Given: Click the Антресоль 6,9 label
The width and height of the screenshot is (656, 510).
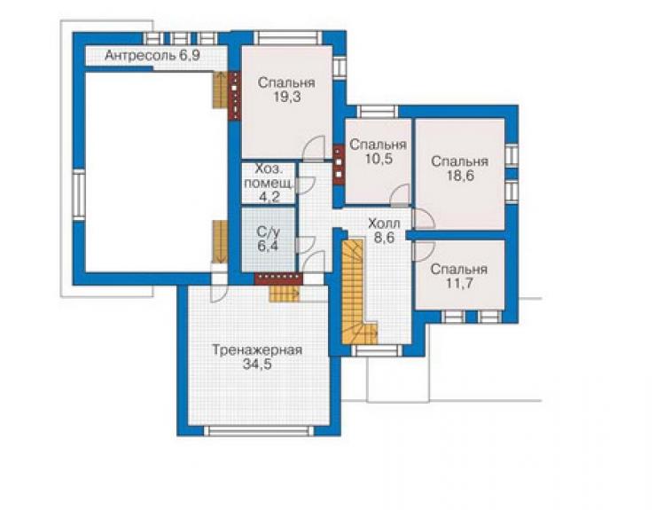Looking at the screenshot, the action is (x=152, y=55).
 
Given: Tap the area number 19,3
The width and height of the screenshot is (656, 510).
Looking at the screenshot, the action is (x=287, y=97).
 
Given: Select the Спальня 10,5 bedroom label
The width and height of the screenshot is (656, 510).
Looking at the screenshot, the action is (x=378, y=151).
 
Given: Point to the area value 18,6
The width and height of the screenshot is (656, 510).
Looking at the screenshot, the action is (x=460, y=176).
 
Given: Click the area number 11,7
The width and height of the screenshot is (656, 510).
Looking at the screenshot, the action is (x=459, y=284).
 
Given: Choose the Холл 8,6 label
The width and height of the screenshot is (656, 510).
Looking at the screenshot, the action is (x=384, y=231).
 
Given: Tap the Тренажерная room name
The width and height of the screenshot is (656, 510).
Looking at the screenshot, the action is (x=257, y=349).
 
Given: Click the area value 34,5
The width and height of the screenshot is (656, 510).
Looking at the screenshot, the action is (x=257, y=365).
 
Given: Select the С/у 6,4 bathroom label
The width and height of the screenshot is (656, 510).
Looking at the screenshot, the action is (x=268, y=239).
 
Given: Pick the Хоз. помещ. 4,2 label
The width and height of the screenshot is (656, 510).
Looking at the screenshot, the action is (x=269, y=183).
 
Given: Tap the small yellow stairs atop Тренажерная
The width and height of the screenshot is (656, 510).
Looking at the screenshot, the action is (x=284, y=293).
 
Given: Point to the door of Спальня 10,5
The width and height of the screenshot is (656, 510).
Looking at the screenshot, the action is (x=400, y=195).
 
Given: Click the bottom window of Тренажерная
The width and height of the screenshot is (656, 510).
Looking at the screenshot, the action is (x=261, y=431).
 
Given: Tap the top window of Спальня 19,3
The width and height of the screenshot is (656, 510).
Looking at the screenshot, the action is (x=288, y=37).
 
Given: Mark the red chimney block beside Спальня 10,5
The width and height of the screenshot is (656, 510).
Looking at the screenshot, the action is (x=339, y=165).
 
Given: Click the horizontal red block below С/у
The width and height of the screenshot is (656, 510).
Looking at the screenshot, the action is (x=278, y=279).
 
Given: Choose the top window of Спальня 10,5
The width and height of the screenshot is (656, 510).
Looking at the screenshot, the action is (x=378, y=112).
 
